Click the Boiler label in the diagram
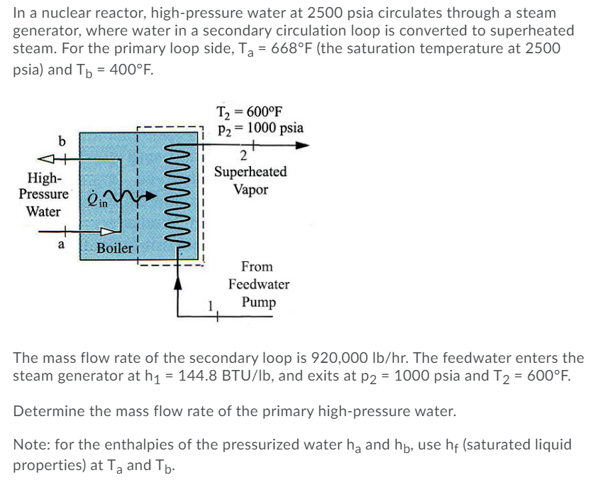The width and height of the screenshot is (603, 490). pos(115,248)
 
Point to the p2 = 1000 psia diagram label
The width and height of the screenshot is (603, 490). pos(260,128)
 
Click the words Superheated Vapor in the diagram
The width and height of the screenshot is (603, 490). pos(250,181)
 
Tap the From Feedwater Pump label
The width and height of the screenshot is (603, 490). pos(258,284)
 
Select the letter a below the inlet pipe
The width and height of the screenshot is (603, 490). pos(61,244)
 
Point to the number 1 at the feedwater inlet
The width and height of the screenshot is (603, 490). pos(211,305)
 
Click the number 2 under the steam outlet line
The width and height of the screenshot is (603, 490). pos(243,157)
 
